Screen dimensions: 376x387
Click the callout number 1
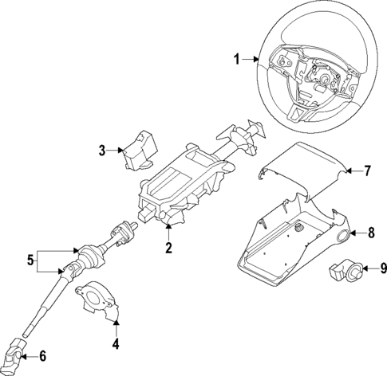tap(237, 58)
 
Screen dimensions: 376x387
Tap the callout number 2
tap(168, 249)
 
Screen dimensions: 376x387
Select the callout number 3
tap(103, 149)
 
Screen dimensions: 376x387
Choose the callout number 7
tap(368, 170)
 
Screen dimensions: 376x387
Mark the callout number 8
tap(370, 233)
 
